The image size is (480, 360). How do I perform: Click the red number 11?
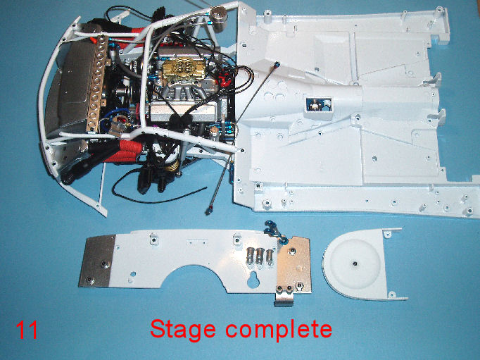point(27,330)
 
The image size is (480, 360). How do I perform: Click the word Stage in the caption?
point(183,330)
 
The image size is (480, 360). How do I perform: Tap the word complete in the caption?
point(279,330)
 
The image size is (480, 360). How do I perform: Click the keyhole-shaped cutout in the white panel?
point(253,280)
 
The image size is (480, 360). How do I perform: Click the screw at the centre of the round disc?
point(355,263)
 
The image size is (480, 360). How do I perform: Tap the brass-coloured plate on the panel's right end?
point(294,264)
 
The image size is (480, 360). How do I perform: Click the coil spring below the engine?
point(173,166)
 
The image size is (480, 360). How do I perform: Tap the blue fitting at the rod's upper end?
point(277,65)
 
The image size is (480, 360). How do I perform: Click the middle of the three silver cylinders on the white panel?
point(260,256)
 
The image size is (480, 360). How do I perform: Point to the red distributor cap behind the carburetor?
point(225,80)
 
